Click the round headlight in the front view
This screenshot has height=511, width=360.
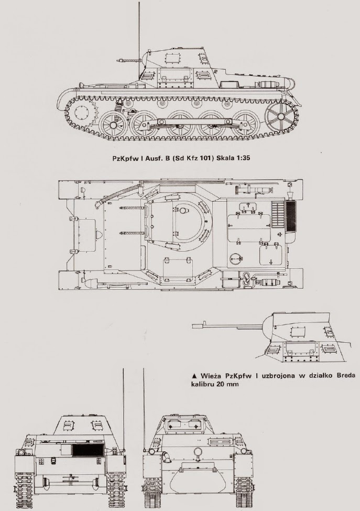pyautogui.click(x=198, y=452)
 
